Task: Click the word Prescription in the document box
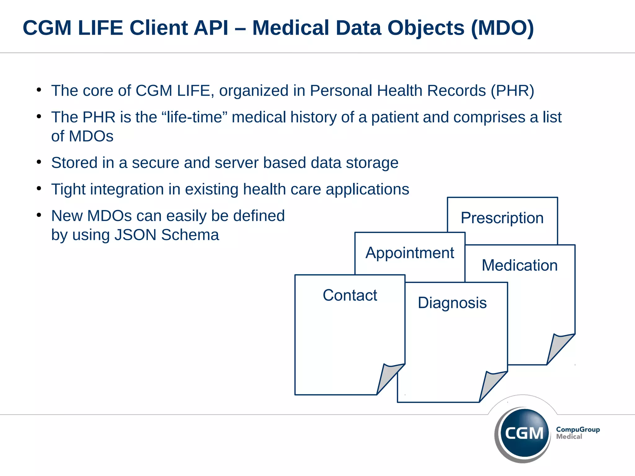click(x=502, y=218)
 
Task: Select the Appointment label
click(x=410, y=253)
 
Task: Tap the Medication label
click(x=520, y=266)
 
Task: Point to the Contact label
click(x=350, y=295)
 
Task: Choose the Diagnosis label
click(x=452, y=303)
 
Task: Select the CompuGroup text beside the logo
click(x=578, y=430)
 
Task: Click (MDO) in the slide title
click(x=502, y=28)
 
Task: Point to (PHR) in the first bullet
click(x=512, y=91)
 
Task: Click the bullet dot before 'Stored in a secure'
click(x=39, y=162)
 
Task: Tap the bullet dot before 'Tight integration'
click(x=39, y=188)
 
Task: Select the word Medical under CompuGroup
click(x=569, y=437)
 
